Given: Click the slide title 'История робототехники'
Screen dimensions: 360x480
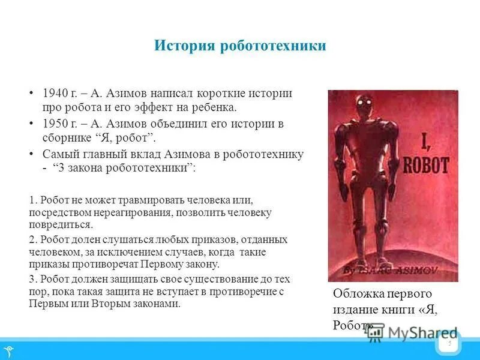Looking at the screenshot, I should pyautogui.click(x=240, y=46).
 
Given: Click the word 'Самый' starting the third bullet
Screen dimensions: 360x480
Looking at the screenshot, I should pyautogui.click(x=58, y=154).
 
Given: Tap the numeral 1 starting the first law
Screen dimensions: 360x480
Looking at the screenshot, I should pyautogui.click(x=32, y=200).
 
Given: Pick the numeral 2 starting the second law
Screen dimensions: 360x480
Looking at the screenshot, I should pyautogui.click(x=32, y=240).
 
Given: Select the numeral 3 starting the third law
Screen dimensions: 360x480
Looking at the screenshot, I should pyautogui.click(x=32, y=279).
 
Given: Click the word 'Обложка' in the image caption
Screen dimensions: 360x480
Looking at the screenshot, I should pyautogui.click(x=356, y=294).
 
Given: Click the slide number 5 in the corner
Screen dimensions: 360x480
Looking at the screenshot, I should pyautogui.click(x=449, y=344).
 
